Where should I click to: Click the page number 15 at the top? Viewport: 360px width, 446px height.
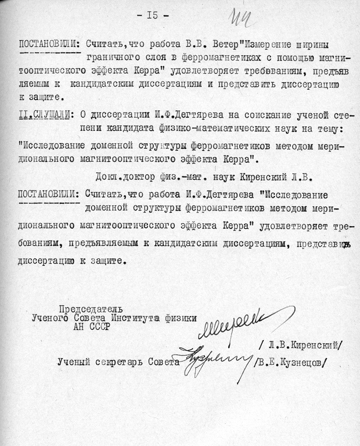click(x=152, y=16)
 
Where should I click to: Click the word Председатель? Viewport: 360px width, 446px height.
click(x=90, y=309)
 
